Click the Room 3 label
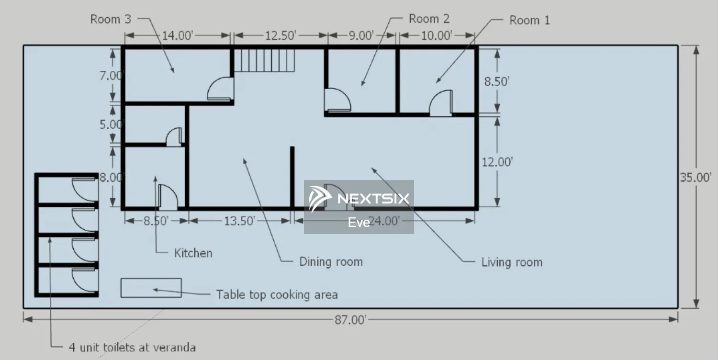(111, 19)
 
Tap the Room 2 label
(429, 19)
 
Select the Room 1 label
(529, 20)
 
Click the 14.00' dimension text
(177, 35)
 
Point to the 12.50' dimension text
(280, 35)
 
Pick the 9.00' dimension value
(361, 35)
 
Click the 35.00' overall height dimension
(696, 177)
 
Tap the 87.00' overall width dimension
(350, 320)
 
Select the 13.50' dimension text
(239, 221)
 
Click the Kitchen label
(193, 253)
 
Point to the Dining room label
(331, 261)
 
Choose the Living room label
(512, 262)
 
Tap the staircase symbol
(264, 60)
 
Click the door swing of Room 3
(212, 85)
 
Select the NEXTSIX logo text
(373, 199)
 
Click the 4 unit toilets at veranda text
(132, 348)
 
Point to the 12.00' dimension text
(497, 162)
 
